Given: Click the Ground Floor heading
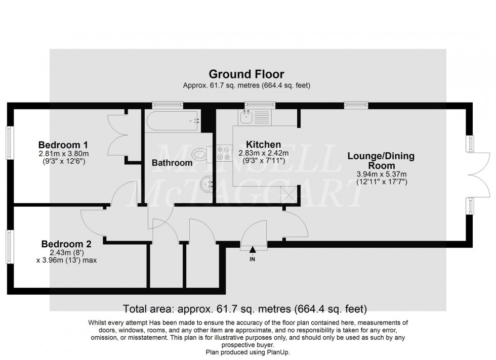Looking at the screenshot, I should tap(246, 74).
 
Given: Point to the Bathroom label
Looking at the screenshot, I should tap(172, 163).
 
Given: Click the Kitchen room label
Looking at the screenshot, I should tap(263, 145).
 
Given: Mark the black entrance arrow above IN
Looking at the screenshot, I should tap(252, 247).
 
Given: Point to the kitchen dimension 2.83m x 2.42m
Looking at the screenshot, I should tap(263, 154).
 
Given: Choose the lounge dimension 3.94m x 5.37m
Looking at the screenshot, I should tap(381, 173).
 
